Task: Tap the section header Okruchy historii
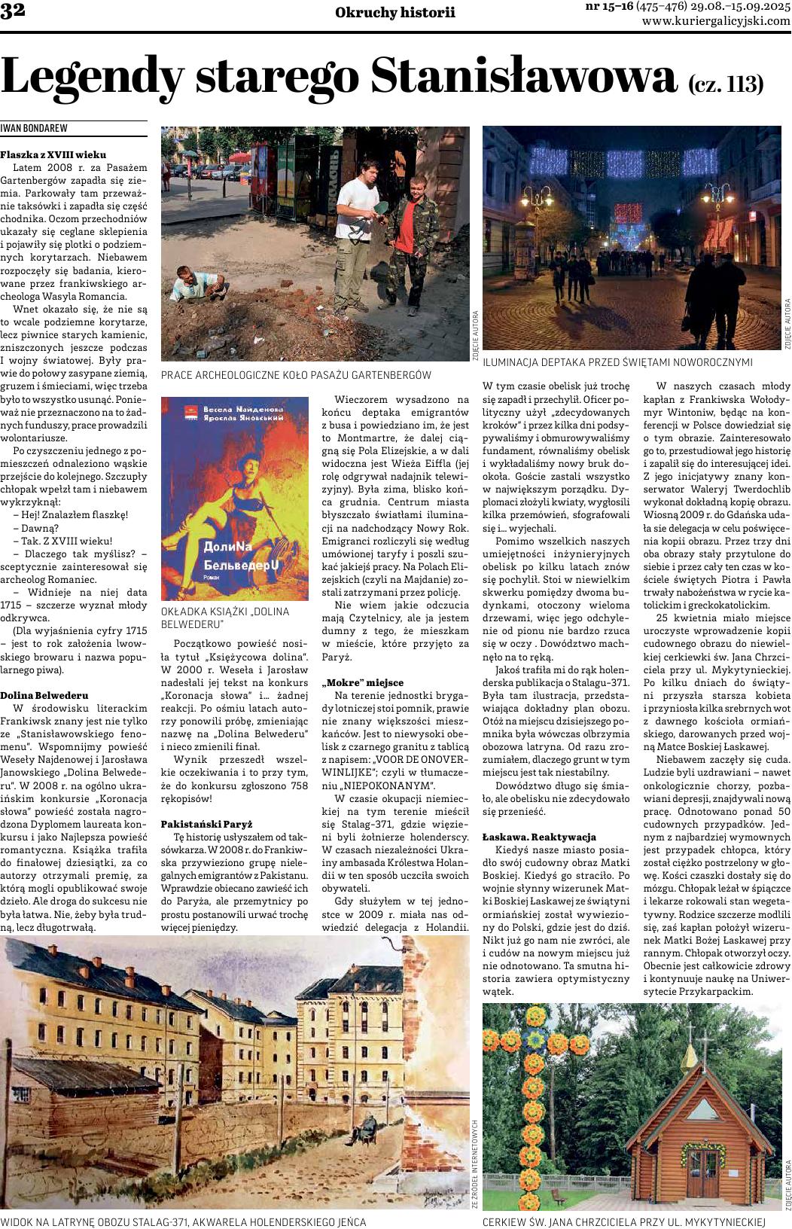coord(395,13)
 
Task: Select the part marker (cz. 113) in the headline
coord(725,84)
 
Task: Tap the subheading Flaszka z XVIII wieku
coord(53,154)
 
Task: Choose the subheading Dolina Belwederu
coord(44,694)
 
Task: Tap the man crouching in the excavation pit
coord(197,285)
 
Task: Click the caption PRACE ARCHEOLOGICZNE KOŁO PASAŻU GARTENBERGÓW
coord(296,374)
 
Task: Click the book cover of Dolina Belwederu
coord(235,498)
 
